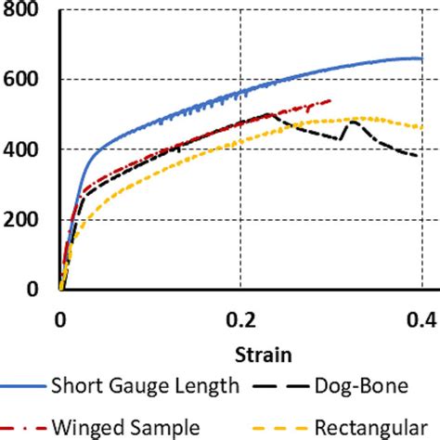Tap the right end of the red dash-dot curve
click(330, 100)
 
